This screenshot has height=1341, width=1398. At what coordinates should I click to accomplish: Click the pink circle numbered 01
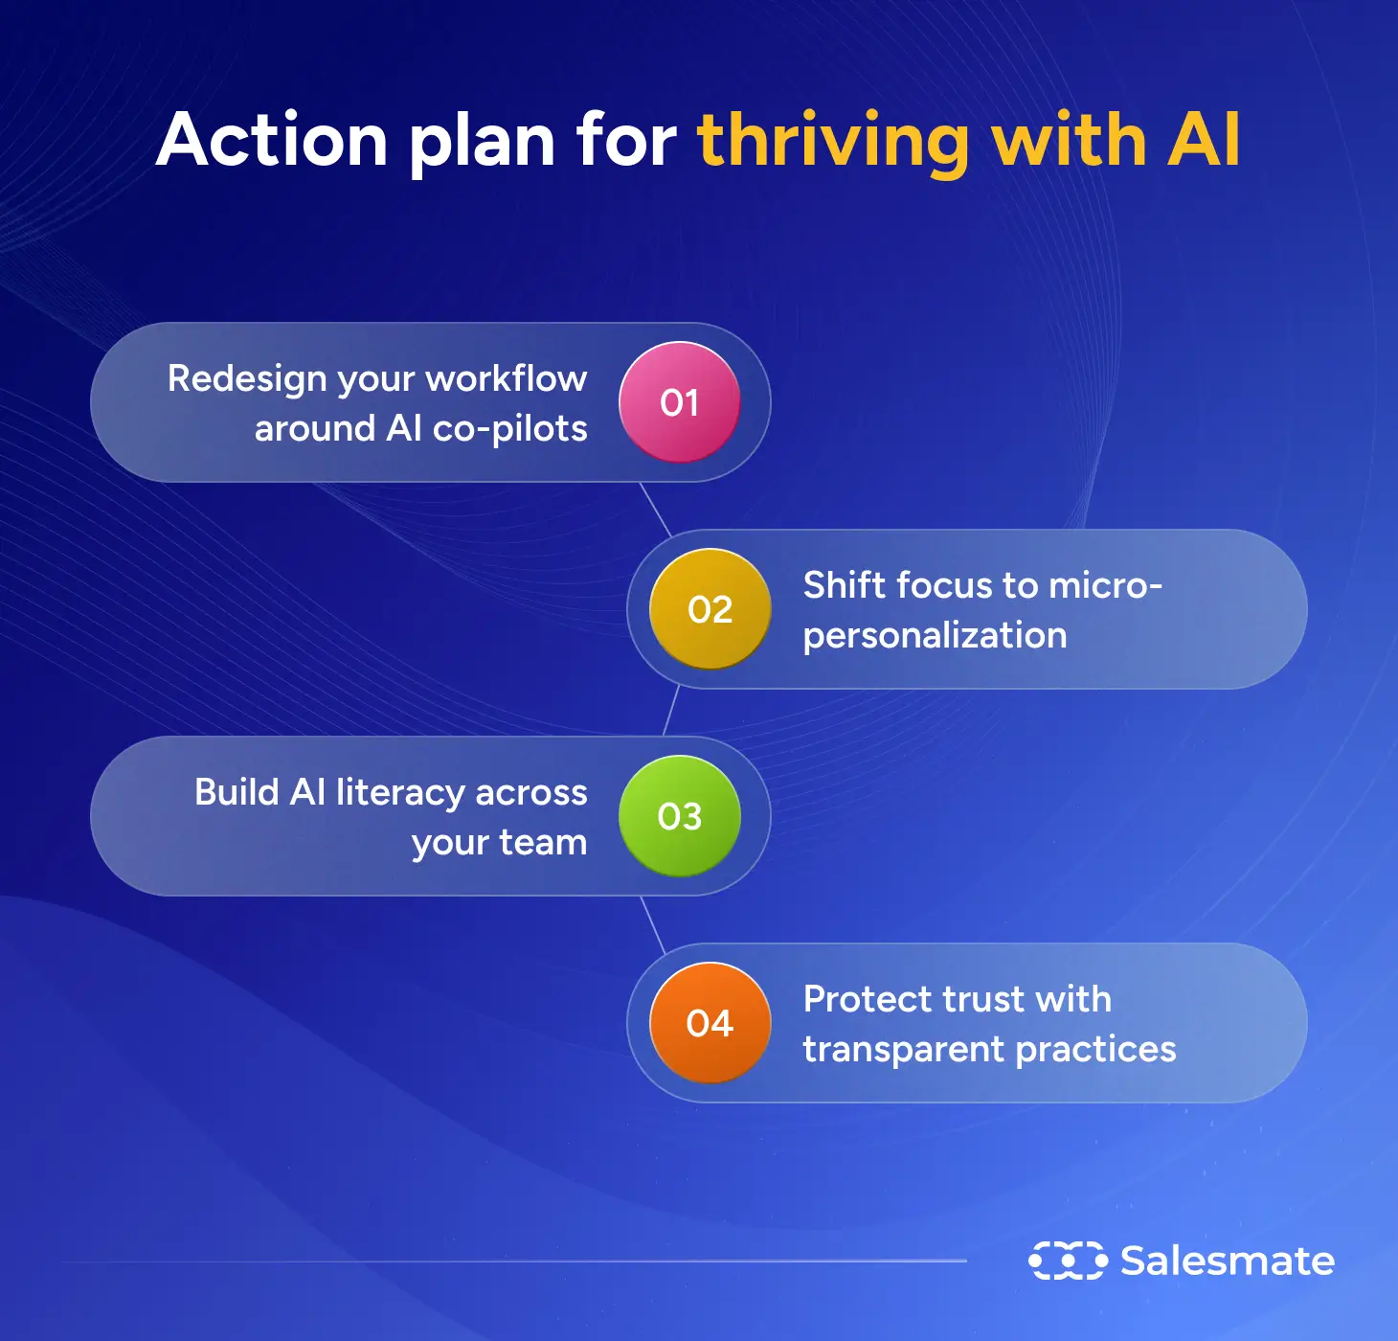point(679,401)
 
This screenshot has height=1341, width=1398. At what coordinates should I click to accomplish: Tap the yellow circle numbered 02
point(710,608)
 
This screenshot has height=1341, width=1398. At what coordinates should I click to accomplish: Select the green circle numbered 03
point(679,816)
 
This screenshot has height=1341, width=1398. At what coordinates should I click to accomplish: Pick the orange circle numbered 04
point(710,1023)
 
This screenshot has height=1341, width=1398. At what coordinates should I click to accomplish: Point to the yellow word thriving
point(833,143)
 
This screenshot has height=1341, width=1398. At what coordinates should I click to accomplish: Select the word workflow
point(507,378)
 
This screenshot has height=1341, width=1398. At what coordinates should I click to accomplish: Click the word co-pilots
point(510,430)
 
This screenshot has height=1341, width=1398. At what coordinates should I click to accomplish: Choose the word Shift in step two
point(845,584)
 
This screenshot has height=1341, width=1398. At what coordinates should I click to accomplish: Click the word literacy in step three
point(400,793)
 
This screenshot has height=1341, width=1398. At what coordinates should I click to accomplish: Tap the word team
point(543,842)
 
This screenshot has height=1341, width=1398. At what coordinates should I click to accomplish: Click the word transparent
point(904,1050)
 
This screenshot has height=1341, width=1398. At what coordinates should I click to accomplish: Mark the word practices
point(1096,1050)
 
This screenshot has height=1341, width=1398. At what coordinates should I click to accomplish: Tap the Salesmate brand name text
point(1228,1261)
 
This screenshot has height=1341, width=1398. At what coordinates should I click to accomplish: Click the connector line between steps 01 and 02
point(655,509)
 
